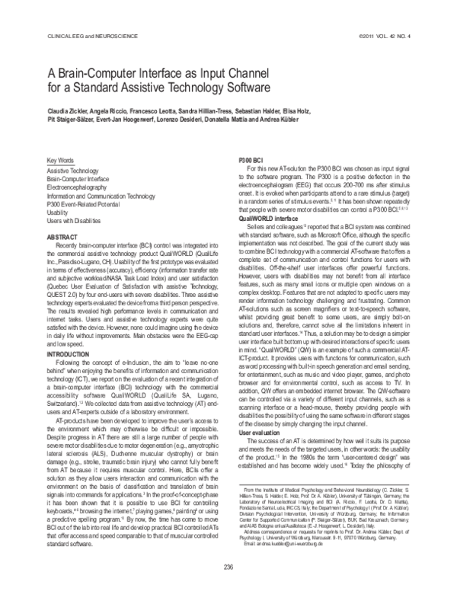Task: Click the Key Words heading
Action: click(x=61, y=161)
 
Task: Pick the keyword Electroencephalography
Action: click(x=80, y=185)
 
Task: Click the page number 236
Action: click(x=228, y=565)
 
